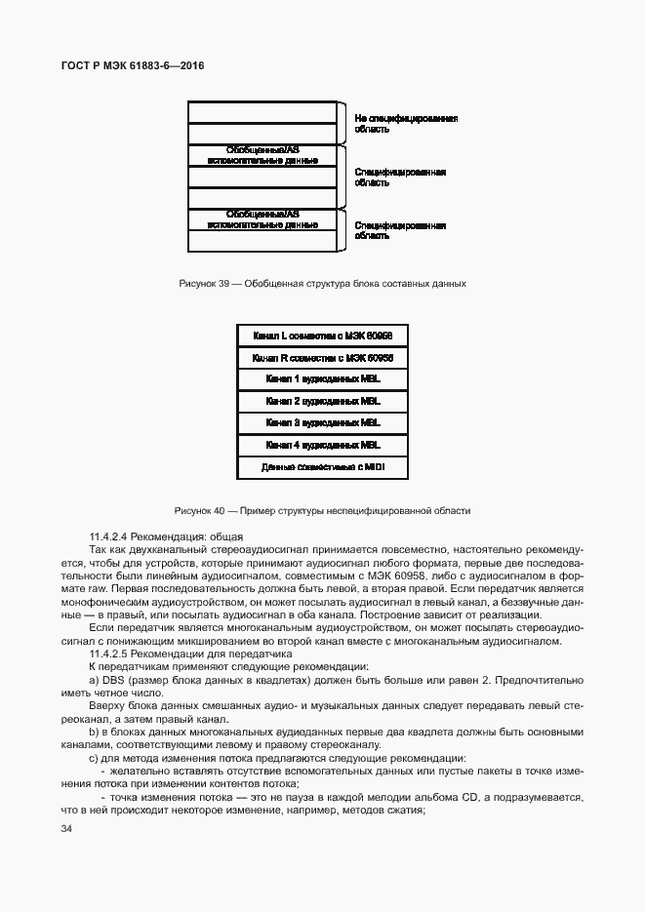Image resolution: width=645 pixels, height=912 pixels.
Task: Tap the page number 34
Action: (66, 829)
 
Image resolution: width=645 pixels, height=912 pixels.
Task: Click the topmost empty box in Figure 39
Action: (262, 111)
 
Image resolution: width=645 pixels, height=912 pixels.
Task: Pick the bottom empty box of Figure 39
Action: (262, 241)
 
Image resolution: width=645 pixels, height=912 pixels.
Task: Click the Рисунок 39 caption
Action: (322, 284)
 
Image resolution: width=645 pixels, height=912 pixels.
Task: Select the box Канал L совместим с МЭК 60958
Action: (322, 336)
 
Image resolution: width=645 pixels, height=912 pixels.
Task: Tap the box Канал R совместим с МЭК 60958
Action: (322, 358)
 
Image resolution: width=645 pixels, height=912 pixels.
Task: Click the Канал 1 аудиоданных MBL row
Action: (322, 379)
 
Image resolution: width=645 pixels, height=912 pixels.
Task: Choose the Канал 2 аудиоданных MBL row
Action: (322, 401)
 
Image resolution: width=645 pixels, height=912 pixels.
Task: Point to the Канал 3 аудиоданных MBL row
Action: (322, 423)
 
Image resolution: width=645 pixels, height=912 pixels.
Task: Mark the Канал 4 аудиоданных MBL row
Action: (322, 446)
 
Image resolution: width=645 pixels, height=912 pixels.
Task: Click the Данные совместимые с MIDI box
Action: (322, 468)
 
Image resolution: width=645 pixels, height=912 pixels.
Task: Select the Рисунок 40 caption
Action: (322, 510)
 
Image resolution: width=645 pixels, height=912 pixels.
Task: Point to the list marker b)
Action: (94, 732)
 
